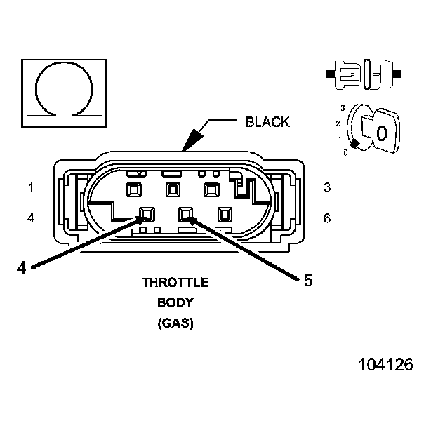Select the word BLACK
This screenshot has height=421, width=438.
pos(267,122)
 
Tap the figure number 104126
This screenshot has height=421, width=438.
pos(385,365)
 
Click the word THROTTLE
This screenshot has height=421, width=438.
pos(175,283)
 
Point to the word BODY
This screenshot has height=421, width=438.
pos(175,303)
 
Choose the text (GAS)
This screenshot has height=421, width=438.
pos(175,324)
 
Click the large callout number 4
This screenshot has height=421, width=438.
pos(21,267)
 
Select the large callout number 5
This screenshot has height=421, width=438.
pos(307,281)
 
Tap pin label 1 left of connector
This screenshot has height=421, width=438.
pos(31,187)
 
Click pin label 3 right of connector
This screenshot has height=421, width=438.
pos(327,187)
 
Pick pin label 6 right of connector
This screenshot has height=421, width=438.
pos(327,218)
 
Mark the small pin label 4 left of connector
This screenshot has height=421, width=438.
pos(31,218)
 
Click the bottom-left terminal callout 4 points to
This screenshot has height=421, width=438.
pos(147,213)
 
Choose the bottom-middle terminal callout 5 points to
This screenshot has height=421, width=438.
pos(186,213)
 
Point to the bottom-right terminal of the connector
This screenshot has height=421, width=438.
pos(225,213)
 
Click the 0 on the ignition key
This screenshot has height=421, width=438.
pos(381,133)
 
